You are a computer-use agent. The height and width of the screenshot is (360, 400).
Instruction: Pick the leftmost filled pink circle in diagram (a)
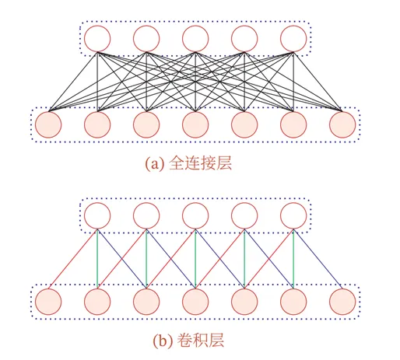48,124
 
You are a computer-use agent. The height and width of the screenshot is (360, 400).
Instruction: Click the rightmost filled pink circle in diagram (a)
342,124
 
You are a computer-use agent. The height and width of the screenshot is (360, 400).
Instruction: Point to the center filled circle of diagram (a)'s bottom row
195,124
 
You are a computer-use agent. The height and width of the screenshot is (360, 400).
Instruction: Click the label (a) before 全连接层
155,164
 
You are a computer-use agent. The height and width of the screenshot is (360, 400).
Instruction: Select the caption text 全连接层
200,163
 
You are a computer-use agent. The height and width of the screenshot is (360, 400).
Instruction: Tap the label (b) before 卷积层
163,341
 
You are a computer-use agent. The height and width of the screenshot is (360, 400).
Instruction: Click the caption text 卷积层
200,340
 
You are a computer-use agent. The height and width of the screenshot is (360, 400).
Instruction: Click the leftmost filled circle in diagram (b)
48,302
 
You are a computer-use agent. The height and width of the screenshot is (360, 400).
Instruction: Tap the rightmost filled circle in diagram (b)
342,302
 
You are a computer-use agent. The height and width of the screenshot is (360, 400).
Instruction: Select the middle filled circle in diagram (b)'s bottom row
195,302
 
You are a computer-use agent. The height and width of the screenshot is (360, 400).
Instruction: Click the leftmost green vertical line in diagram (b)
97,259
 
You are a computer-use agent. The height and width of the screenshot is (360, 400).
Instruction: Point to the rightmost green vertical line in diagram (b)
293,259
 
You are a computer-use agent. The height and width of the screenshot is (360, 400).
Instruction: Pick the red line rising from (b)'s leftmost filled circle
73,259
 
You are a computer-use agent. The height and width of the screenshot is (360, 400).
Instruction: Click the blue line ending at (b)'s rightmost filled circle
318,259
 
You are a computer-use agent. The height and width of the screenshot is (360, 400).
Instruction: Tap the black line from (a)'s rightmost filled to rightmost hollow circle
318,82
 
